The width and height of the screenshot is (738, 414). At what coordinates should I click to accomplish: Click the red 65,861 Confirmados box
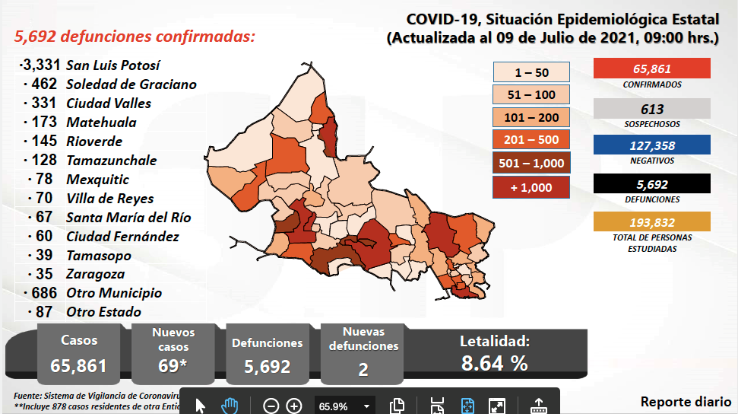(x=651, y=68)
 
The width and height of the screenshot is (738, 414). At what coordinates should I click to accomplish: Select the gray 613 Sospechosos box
(x=651, y=108)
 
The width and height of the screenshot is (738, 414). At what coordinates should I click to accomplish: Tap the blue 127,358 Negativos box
(x=651, y=145)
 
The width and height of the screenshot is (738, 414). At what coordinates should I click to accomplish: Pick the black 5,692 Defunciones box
(x=651, y=183)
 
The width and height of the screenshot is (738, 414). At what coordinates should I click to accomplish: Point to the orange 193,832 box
(x=651, y=221)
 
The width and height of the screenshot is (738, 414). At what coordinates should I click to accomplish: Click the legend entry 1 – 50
(x=531, y=72)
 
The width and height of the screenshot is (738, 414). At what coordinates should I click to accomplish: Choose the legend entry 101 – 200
(x=531, y=118)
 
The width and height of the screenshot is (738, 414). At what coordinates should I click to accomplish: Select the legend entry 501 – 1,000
(x=531, y=163)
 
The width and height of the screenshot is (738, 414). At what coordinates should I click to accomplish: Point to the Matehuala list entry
(x=101, y=122)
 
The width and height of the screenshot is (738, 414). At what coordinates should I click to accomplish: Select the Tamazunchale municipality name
(x=111, y=160)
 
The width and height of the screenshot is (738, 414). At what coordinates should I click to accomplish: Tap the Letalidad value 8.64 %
(x=495, y=364)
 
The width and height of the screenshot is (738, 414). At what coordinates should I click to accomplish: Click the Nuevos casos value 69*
(x=173, y=366)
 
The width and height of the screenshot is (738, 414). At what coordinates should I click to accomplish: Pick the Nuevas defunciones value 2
(x=363, y=369)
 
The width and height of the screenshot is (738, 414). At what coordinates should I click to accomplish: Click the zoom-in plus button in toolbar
(x=294, y=406)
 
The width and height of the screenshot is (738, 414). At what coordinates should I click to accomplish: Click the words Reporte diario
(x=686, y=401)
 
